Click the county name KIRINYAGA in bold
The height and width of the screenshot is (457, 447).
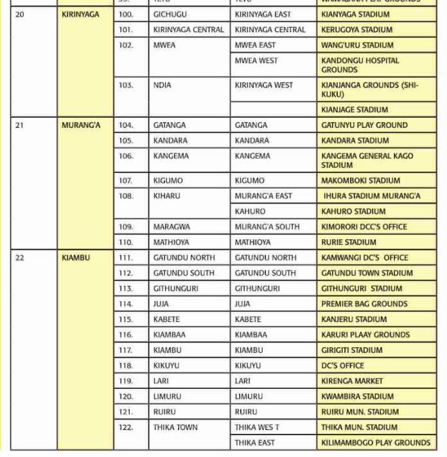80,14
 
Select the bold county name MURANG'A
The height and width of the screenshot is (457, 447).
81,125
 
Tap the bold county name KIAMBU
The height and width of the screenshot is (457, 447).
76,258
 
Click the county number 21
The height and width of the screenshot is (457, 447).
19,125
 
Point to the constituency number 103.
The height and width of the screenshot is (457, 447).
126,85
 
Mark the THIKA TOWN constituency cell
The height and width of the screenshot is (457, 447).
175,427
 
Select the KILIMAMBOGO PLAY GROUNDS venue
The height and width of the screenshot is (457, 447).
376,443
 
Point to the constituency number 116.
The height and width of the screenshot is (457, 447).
126,335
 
